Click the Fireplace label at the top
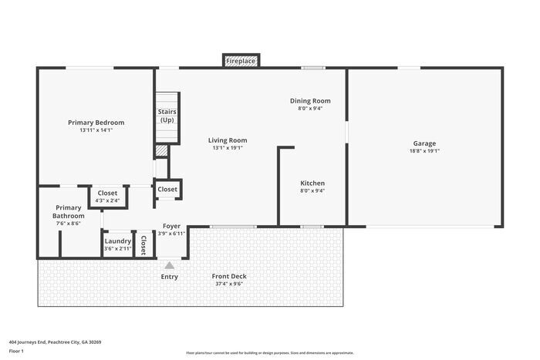pos(241,61)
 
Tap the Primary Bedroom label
pos(96,123)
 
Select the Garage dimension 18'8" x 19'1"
pos(424,151)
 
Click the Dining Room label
pos(310,101)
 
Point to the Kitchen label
pos(312,183)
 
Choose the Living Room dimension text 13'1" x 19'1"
pos(228,148)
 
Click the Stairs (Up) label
pos(167,116)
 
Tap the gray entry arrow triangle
pos(169,265)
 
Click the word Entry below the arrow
pos(170,277)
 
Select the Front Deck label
pos(229,276)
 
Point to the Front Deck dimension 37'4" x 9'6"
pos(229,284)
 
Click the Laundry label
pos(118,241)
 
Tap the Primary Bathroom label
pos(68,212)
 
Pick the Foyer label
pos(171,226)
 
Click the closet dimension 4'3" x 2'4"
pos(107,200)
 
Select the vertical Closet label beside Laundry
pos(143,245)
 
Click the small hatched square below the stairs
pos(160,151)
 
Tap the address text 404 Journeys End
pos(27,342)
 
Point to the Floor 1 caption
pos(16,351)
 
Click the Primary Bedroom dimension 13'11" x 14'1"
pos(96,130)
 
